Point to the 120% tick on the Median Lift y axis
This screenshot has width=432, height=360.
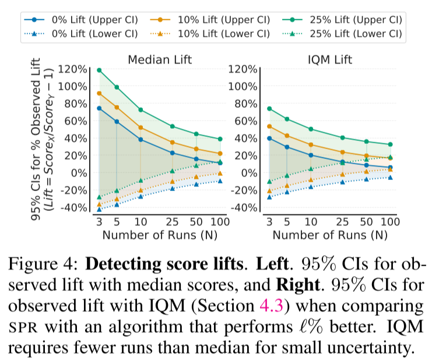pos(73,70)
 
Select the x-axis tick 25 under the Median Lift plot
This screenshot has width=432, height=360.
pos(172,223)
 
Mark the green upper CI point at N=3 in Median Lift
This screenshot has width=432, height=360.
pos(99,70)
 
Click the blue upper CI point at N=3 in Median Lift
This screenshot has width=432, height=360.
pos(99,108)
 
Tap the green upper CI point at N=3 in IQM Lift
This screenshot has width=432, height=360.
pos(269,108)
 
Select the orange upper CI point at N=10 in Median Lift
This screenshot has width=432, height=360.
pos(141,128)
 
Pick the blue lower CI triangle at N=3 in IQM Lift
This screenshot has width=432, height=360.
pos(269,197)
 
